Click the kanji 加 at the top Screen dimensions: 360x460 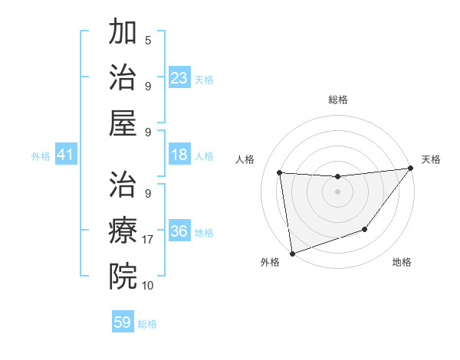click(x=123, y=32)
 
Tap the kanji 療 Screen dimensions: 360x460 click(x=123, y=230)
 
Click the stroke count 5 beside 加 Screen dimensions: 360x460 click(x=148, y=40)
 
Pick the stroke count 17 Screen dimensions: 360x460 click(x=149, y=240)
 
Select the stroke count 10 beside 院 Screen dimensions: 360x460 click(x=149, y=286)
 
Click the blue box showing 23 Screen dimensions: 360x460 click(x=179, y=78)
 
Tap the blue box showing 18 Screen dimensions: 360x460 click(x=179, y=155)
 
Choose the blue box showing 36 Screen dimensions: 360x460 click(x=179, y=231)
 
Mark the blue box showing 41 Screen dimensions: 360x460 click(x=66, y=155)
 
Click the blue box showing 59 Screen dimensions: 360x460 click(x=123, y=322)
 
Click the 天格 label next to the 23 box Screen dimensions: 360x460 click(x=204, y=80)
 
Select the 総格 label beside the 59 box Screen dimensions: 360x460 click(x=147, y=324)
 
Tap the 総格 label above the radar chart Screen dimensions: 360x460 click(x=338, y=100)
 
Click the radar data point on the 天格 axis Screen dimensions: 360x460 click(x=410, y=169)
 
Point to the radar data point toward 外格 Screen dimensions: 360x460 click(x=292, y=253)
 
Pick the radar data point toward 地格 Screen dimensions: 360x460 click(x=366, y=229)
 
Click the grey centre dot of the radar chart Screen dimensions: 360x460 click(x=337, y=191)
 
